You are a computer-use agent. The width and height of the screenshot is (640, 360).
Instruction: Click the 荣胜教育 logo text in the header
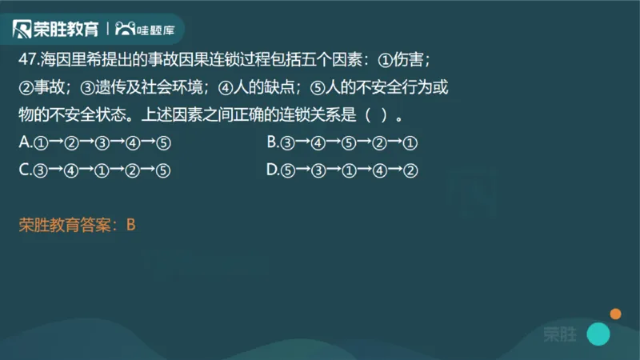[x=66, y=30]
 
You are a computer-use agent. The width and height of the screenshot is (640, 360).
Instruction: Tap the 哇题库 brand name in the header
[x=156, y=30]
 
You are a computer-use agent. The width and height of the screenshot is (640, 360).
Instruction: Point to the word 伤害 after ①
[x=411, y=60]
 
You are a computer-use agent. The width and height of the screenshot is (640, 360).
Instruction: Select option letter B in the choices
[x=272, y=142]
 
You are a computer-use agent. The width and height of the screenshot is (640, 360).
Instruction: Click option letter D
[x=272, y=170]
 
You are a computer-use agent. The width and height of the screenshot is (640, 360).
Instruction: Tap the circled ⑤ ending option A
[x=164, y=143]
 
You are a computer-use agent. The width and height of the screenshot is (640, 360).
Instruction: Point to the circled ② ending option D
[x=412, y=170]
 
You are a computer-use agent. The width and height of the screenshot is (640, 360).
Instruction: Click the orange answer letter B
[x=131, y=225]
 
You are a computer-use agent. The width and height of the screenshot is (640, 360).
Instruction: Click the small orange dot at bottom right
[x=616, y=313]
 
